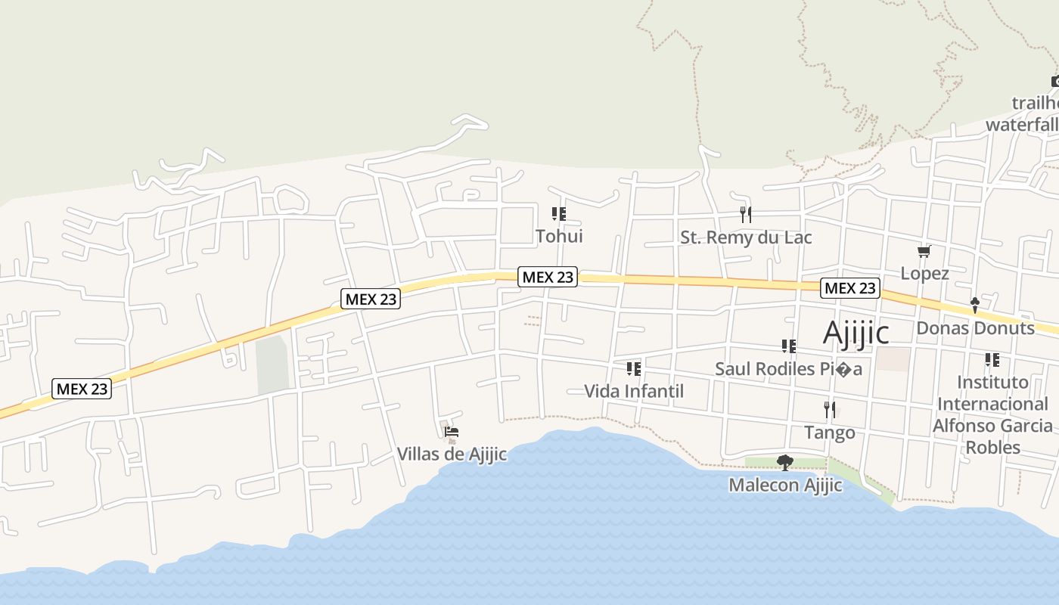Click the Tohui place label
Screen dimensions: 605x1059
559,236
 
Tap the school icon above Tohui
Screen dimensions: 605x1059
559,214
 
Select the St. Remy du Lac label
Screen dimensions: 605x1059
746,237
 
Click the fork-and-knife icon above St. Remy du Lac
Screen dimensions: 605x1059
746,215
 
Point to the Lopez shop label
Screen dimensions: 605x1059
924,273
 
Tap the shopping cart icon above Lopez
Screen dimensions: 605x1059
924,251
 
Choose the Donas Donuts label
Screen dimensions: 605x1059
975,328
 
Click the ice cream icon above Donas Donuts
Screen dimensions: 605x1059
975,306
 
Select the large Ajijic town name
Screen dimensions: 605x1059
856,332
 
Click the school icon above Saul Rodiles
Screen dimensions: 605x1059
789,346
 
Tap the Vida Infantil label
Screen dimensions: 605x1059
634,391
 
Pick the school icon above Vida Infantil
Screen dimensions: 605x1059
634,369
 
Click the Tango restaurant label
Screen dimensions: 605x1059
830,433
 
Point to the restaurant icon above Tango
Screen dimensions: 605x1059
830,410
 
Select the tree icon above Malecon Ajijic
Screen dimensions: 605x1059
785,462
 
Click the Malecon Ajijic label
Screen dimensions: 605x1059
785,485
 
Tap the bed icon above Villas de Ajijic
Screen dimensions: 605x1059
452,433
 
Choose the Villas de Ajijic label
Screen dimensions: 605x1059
452,455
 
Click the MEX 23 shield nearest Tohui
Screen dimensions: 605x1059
548,277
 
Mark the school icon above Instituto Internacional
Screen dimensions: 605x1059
992,360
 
